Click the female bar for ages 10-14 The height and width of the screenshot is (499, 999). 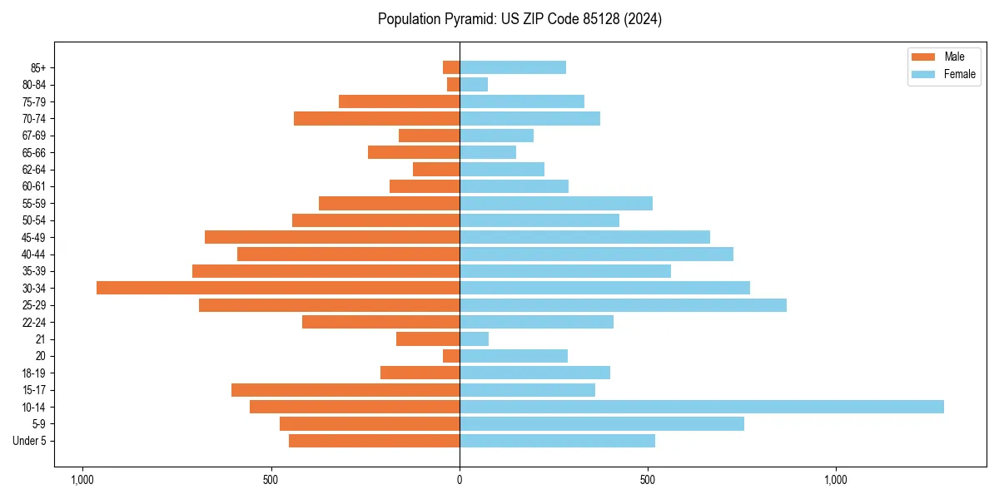coord(701,407)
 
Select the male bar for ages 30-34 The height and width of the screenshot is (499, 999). coord(278,288)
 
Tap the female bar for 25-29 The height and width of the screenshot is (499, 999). coord(623,305)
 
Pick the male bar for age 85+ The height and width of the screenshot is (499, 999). coord(451,67)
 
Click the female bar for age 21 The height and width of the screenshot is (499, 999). coord(474,339)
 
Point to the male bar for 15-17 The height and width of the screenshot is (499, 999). coord(345,390)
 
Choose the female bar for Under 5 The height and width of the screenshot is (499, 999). coord(557,441)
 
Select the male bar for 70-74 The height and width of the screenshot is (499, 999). coord(376,119)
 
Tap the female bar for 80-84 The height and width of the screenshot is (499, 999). coord(474,85)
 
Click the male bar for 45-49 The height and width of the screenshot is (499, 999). coord(332,237)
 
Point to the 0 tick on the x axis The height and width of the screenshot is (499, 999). coord(460,480)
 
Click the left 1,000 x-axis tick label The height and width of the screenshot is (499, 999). coord(82,480)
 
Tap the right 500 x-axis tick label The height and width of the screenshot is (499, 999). coord(648,480)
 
